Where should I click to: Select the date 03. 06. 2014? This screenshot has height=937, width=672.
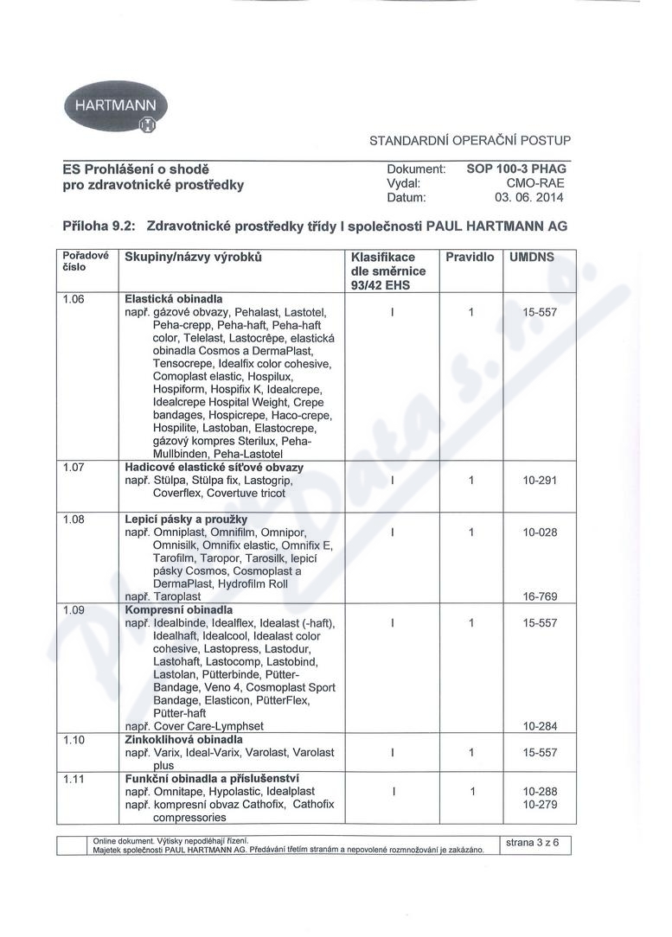click(529, 199)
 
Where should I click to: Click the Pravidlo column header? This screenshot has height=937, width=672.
click(470, 258)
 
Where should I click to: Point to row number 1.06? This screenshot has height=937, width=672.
click(73, 298)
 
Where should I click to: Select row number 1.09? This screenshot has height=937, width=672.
click(73, 609)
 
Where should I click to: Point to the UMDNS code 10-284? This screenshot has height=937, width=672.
click(539, 726)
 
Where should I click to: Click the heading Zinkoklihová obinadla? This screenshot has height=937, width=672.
click(183, 740)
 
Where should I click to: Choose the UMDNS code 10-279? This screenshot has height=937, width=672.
click(539, 805)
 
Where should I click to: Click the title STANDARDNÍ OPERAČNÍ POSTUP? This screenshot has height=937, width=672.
click(470, 140)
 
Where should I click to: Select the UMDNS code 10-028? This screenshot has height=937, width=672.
click(539, 532)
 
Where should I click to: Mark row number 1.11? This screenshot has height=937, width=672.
click(73, 779)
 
